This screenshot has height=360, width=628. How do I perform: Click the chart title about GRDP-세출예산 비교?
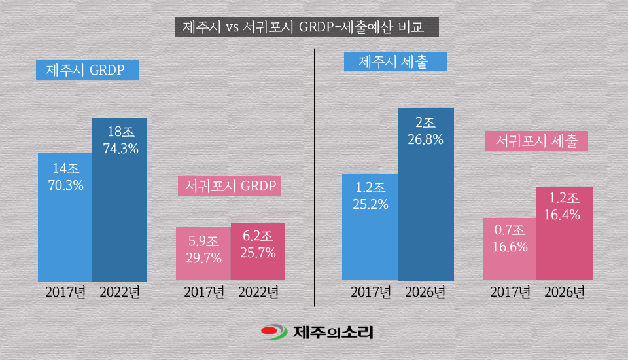[304, 28]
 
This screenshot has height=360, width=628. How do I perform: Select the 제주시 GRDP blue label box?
[88, 70]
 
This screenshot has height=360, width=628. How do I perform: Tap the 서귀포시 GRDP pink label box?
[230, 186]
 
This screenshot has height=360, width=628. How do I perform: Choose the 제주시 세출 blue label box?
[395, 62]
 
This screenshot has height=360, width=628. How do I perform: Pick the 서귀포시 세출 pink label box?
[536, 141]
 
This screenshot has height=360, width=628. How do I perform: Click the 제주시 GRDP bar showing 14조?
[65, 223]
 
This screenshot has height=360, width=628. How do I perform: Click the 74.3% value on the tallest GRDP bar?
[120, 149]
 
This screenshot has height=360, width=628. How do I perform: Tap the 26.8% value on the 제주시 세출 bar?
[426, 139]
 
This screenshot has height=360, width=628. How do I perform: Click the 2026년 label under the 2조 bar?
[426, 291]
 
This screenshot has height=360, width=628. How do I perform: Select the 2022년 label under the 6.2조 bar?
[258, 291]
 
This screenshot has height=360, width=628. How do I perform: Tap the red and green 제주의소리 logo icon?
[273, 333]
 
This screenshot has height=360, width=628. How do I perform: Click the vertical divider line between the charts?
[315, 177]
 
